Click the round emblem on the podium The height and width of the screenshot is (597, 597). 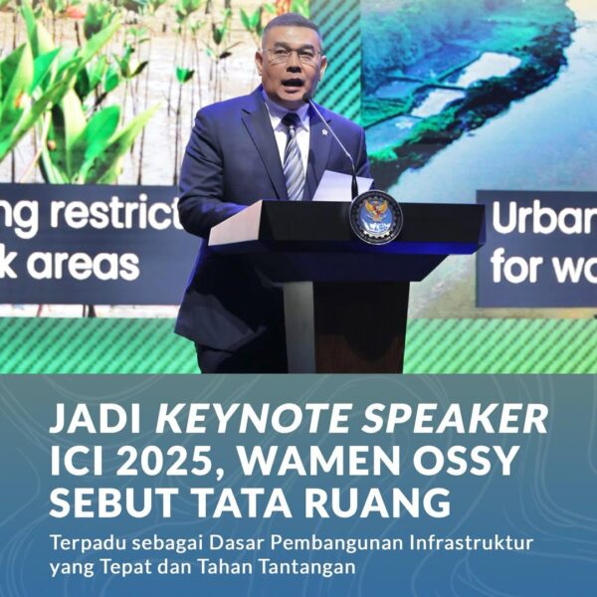point(376,217)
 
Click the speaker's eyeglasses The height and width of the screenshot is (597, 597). point(293,57)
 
